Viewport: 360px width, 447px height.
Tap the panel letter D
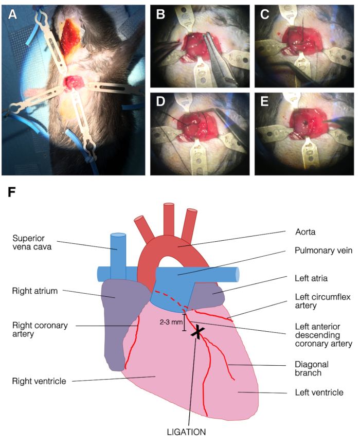click(x=160, y=102)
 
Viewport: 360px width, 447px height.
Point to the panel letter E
click(x=265, y=102)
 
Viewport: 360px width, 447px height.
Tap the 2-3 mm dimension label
click(x=171, y=323)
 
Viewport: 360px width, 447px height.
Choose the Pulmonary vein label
click(x=323, y=253)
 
